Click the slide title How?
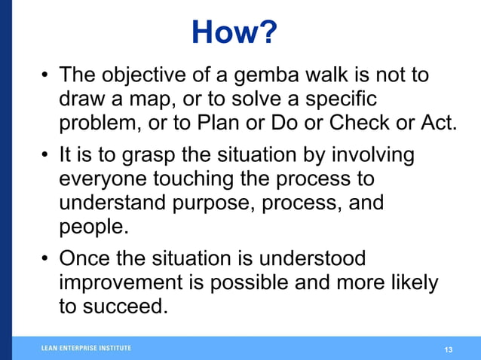(234, 32)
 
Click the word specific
(338, 99)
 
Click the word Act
(441, 123)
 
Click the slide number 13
(449, 349)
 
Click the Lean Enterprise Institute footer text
(86, 348)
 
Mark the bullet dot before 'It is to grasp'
(46, 157)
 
